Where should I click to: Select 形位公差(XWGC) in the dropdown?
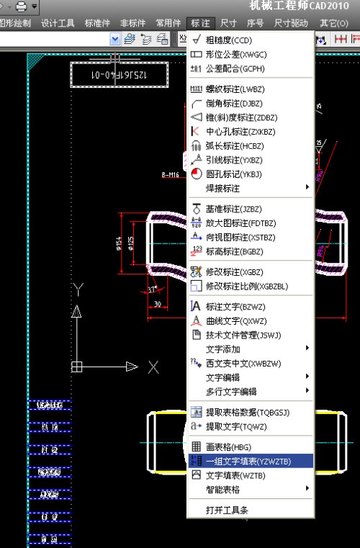[x=230, y=54]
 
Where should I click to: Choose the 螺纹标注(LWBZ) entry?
[x=230, y=89]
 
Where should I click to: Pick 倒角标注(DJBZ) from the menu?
[x=230, y=104]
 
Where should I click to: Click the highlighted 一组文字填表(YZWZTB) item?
[x=249, y=461]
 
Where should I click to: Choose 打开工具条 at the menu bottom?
[x=227, y=510]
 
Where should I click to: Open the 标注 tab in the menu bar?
[x=201, y=23]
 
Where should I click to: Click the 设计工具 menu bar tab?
[x=58, y=23]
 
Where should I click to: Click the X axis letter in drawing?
[x=153, y=367]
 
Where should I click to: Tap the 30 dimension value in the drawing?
[x=158, y=304]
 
